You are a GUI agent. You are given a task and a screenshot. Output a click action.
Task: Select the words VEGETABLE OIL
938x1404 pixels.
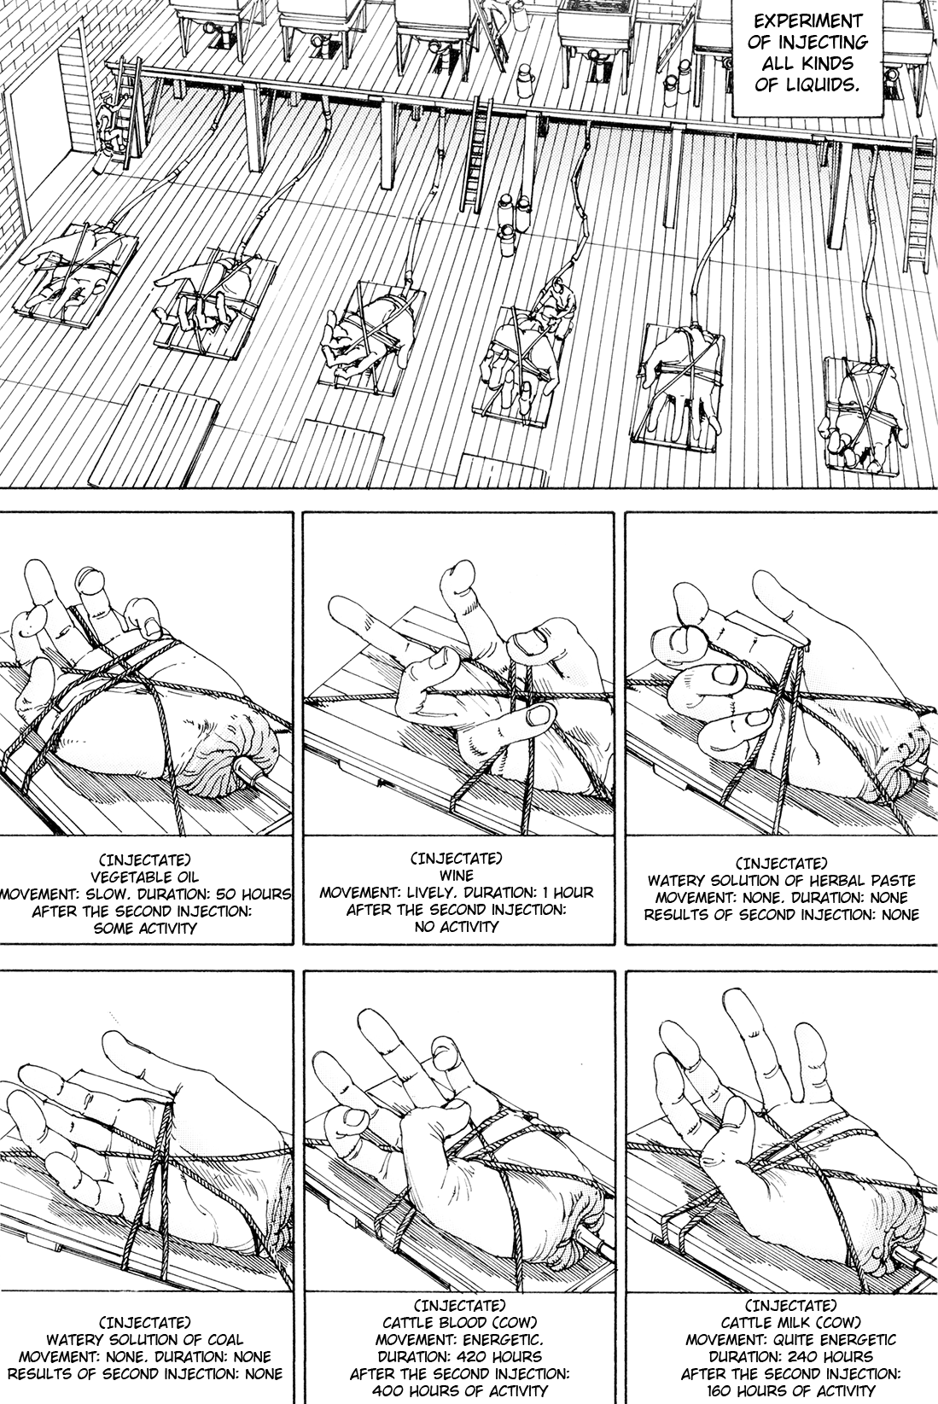[x=145, y=877]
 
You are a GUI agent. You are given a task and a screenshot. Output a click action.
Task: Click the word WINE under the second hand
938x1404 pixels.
[x=457, y=875]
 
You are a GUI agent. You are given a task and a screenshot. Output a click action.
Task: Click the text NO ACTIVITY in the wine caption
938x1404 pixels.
[x=457, y=926]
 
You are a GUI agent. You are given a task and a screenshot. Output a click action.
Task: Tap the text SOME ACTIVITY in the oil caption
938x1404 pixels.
[x=145, y=929]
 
